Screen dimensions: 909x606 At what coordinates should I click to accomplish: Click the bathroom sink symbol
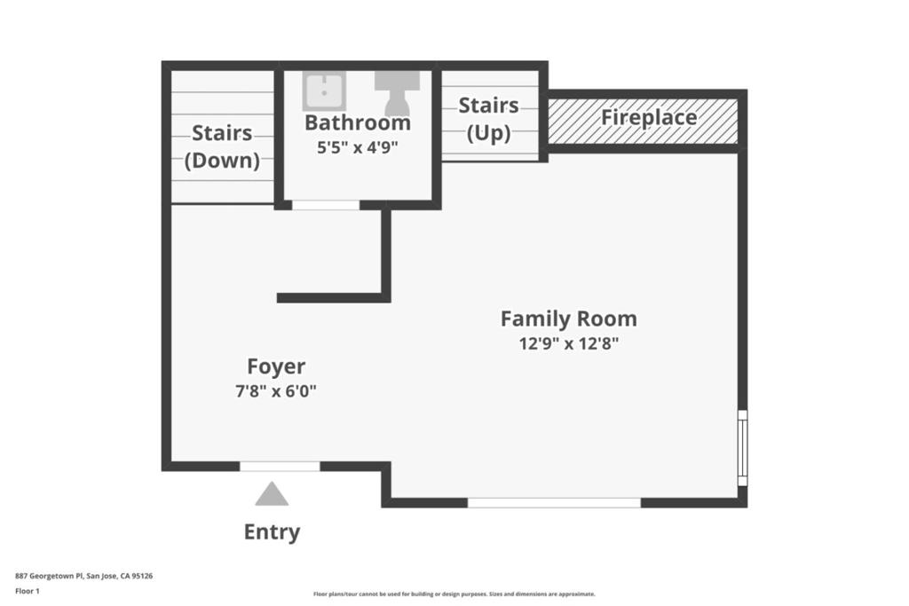324,91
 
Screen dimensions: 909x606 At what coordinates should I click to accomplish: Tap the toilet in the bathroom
397,92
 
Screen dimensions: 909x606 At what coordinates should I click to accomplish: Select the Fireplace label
649,118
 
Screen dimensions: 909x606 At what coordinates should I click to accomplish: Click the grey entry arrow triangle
272,493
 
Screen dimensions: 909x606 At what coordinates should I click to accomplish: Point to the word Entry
272,531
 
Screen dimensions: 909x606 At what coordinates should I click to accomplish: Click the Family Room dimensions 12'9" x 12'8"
569,343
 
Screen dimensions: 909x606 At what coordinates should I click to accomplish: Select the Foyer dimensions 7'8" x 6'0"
276,391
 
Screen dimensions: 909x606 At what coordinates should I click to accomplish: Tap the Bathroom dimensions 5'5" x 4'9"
357,147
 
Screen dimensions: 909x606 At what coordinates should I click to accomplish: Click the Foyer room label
276,366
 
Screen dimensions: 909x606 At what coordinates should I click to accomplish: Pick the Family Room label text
569,319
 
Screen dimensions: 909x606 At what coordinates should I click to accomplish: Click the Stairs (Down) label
222,146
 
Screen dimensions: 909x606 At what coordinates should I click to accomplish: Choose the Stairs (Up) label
489,119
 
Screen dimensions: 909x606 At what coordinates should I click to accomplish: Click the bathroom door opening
326,205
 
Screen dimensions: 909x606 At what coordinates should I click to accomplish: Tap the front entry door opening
280,467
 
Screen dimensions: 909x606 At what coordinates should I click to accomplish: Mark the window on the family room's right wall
743,448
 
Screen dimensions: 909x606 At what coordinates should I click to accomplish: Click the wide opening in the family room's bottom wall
554,503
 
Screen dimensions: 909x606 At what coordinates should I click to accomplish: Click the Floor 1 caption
28,592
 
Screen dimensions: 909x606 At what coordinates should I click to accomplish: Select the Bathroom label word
358,122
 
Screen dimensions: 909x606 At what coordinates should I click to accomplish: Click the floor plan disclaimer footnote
454,594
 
